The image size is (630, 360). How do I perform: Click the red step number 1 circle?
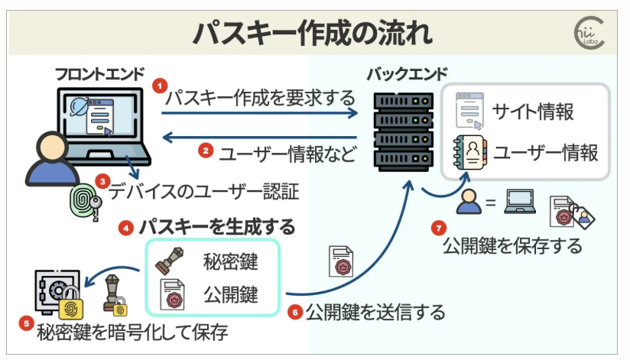(160, 86)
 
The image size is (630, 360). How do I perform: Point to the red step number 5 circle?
(27, 324)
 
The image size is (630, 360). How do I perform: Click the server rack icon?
(398, 130)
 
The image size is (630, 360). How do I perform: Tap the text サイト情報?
(533, 112)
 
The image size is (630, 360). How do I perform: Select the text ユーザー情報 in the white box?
(545, 152)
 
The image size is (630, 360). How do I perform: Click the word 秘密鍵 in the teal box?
(230, 262)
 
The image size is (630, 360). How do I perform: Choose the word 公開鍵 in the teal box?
(230, 294)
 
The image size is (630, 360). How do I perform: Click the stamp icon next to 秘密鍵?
(170, 261)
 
